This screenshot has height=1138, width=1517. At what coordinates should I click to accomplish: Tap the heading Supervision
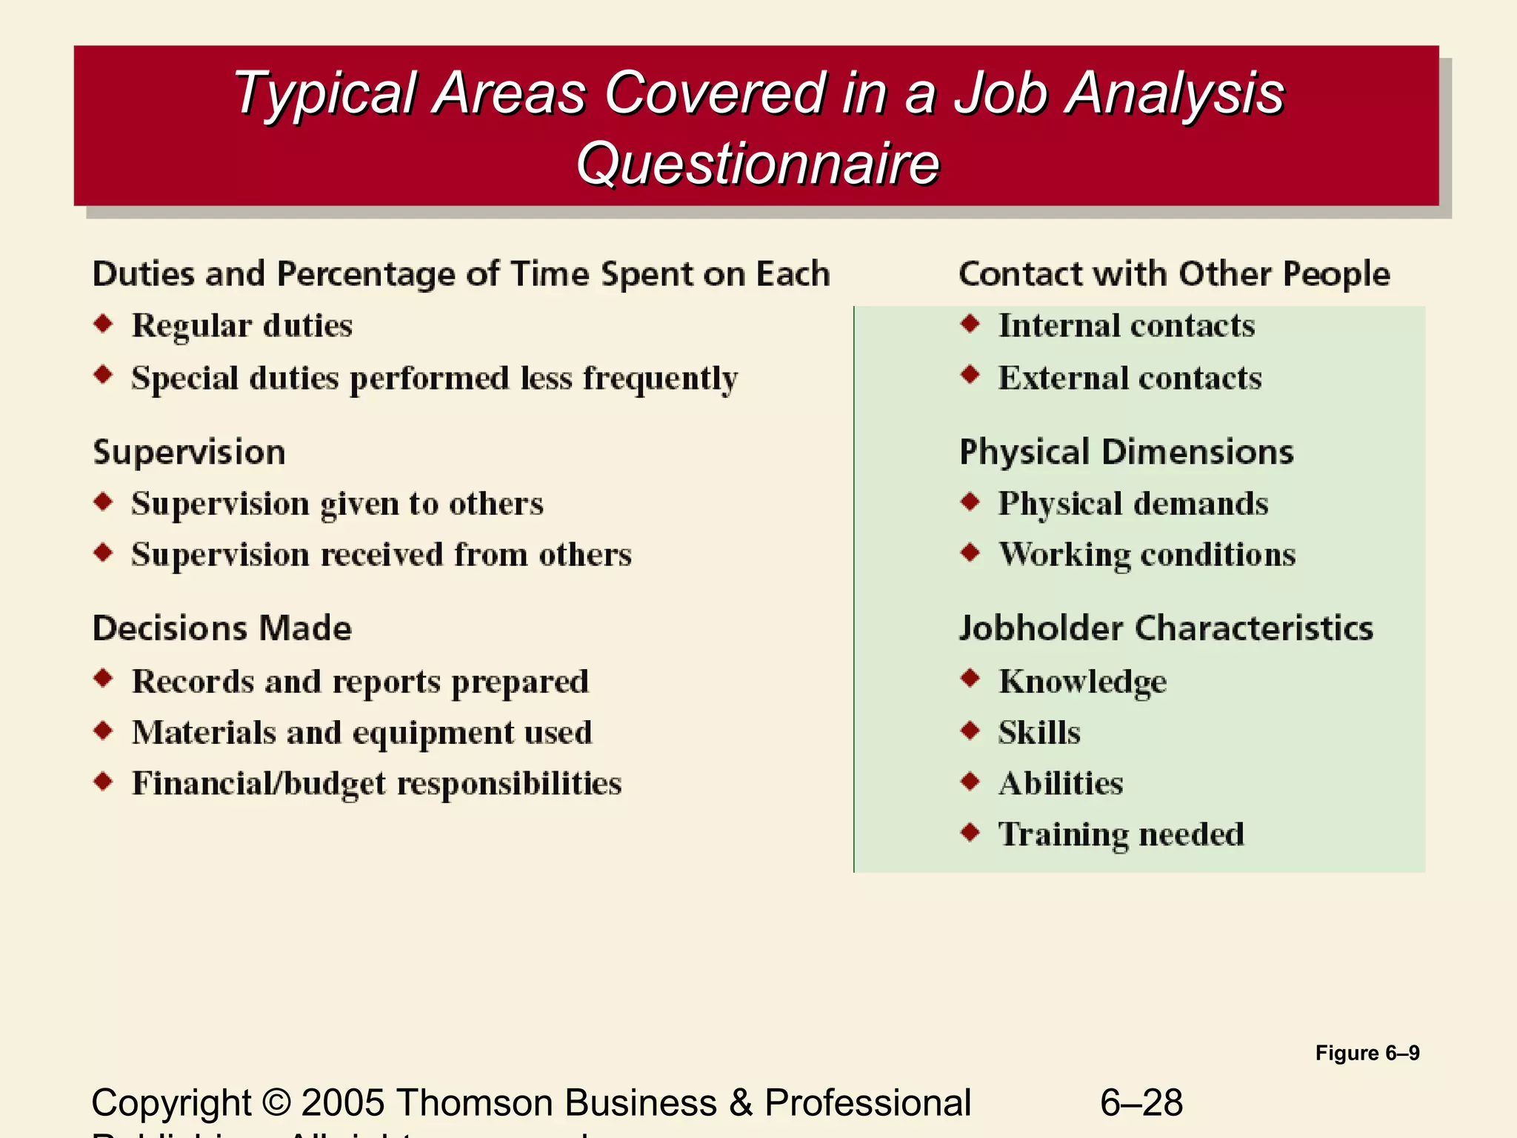pyautogui.click(x=189, y=452)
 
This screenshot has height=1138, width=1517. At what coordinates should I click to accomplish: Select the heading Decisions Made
pyautogui.click(x=222, y=628)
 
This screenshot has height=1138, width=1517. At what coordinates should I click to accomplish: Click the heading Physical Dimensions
pyautogui.click(x=1126, y=452)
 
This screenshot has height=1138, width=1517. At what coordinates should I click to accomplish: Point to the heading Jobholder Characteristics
pyautogui.click(x=1166, y=628)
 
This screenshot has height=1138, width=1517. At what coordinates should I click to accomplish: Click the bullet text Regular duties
pyautogui.click(x=242, y=326)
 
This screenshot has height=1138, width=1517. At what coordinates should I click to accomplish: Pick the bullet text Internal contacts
pyautogui.click(x=1127, y=326)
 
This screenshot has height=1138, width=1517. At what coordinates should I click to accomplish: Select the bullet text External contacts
pyautogui.click(x=1130, y=378)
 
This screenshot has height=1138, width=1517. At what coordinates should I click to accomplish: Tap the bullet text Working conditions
pyautogui.click(x=1147, y=555)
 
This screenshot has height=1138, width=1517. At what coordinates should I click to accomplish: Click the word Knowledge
pyautogui.click(x=1082, y=682)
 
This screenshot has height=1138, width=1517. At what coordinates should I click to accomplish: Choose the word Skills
pyautogui.click(x=1039, y=733)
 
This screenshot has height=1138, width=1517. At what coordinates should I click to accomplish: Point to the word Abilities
pyautogui.click(x=1061, y=784)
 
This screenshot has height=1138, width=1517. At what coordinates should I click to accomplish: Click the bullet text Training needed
pyautogui.click(x=1121, y=835)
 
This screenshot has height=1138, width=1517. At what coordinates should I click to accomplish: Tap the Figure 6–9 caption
pyautogui.click(x=1367, y=1053)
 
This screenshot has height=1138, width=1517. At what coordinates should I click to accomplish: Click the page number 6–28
pyautogui.click(x=1141, y=1102)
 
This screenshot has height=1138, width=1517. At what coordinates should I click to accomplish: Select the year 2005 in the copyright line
pyautogui.click(x=343, y=1102)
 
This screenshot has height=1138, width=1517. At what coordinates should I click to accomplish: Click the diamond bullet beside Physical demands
pyautogui.click(x=970, y=502)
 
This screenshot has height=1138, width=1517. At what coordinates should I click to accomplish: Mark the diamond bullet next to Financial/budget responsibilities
pyautogui.click(x=104, y=782)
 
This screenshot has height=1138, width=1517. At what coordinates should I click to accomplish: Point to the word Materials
pyautogui.click(x=204, y=733)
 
